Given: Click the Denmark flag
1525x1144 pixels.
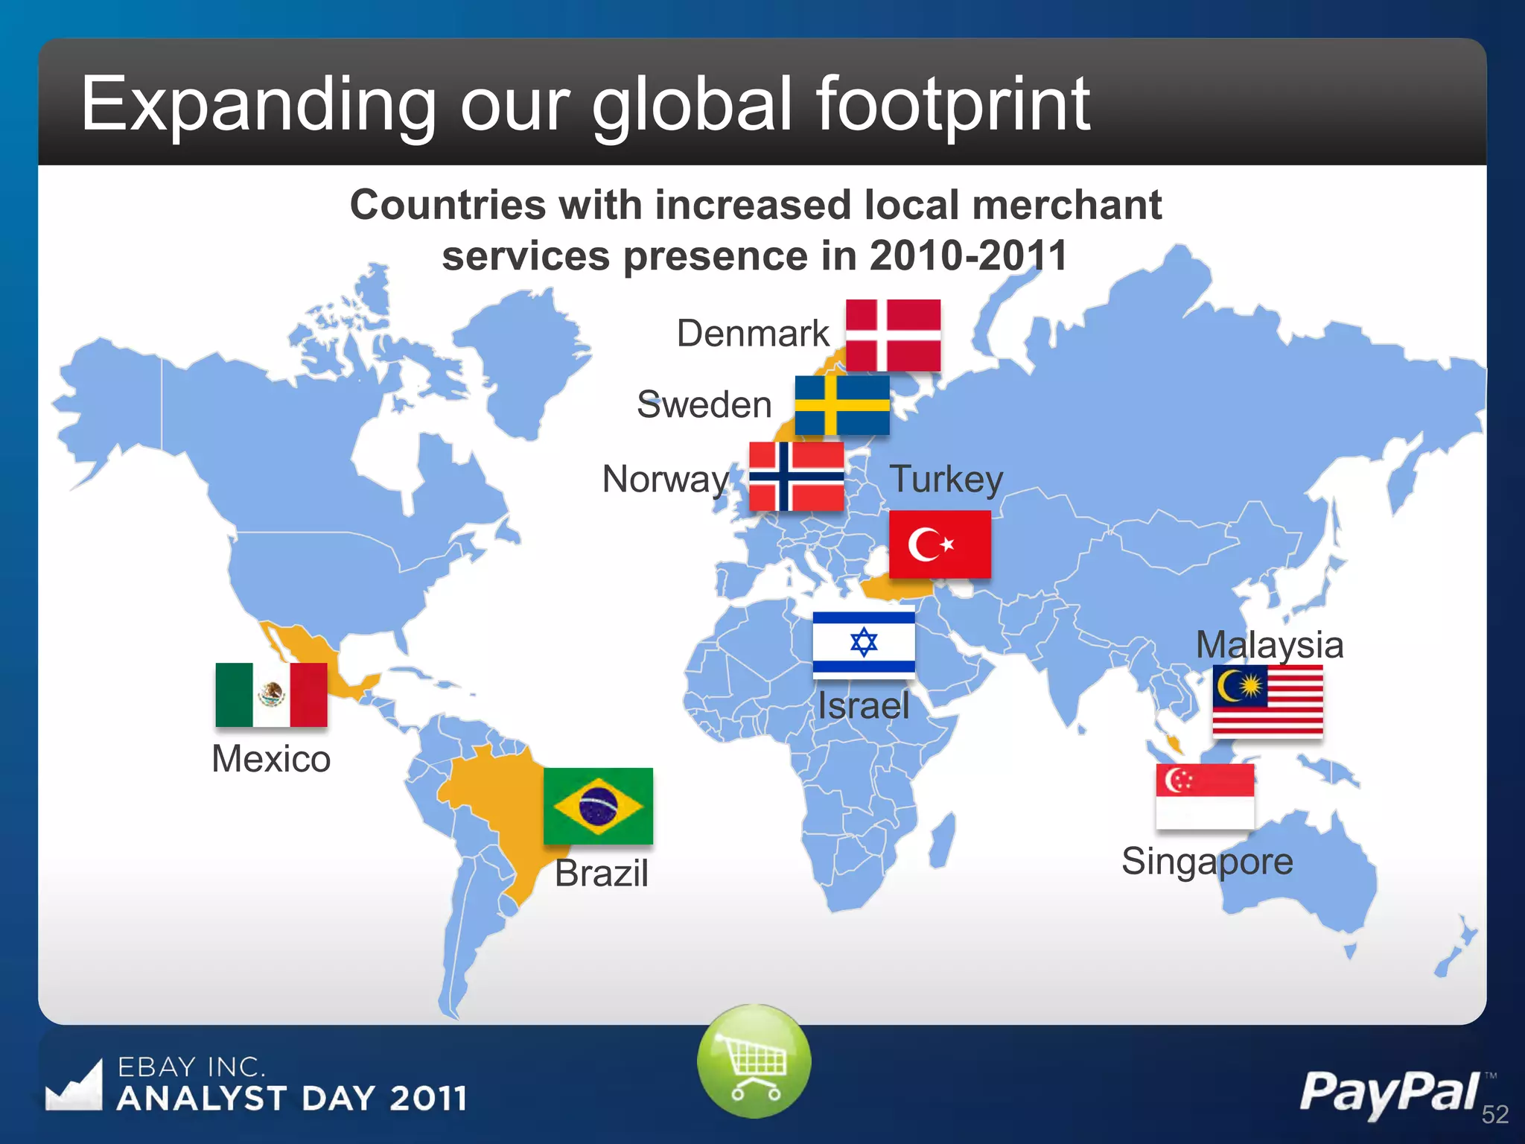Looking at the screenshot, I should pyautogui.click(x=893, y=335).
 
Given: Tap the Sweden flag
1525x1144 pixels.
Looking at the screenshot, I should pyautogui.click(x=842, y=404).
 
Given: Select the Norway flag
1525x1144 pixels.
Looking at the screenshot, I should pyautogui.click(x=796, y=477).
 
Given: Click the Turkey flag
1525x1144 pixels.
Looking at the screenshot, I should pyautogui.click(x=940, y=544).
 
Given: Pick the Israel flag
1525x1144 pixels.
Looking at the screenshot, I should pyautogui.click(x=864, y=641).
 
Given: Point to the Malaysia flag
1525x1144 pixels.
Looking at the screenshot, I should pyautogui.click(x=1267, y=700).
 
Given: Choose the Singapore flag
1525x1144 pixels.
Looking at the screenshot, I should pyautogui.click(x=1205, y=795).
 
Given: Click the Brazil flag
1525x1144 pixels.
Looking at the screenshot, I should pyautogui.click(x=598, y=806).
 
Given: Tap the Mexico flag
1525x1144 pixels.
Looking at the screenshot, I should pyautogui.click(x=271, y=694).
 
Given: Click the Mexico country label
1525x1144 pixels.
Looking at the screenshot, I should pyautogui.click(x=271, y=759).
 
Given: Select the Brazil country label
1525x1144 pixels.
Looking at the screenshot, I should pyautogui.click(x=602, y=873).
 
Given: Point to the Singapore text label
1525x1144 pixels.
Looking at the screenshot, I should pyautogui.click(x=1207, y=862).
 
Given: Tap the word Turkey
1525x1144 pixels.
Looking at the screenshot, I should pyautogui.click(x=946, y=479).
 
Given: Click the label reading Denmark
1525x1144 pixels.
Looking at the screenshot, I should pyautogui.click(x=752, y=333).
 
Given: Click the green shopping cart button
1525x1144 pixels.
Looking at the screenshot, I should pyautogui.click(x=754, y=1061).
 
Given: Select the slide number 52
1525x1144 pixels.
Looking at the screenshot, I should pyautogui.click(x=1494, y=1114).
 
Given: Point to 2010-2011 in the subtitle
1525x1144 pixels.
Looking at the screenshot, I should pyautogui.click(x=968, y=255).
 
